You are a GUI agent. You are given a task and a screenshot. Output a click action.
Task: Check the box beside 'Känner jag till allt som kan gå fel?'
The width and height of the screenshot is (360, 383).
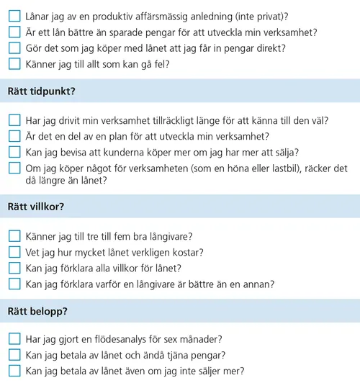[14, 64]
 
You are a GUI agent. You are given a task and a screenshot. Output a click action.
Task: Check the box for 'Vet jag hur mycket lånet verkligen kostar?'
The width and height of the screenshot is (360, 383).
[14, 252]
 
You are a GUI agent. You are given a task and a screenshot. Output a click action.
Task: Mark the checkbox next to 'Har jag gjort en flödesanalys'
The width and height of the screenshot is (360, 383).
[14, 338]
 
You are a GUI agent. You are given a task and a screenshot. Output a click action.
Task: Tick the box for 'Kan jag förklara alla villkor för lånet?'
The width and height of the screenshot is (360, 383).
[14, 268]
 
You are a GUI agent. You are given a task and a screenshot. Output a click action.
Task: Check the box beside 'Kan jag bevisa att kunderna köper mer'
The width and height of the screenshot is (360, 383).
[14, 151]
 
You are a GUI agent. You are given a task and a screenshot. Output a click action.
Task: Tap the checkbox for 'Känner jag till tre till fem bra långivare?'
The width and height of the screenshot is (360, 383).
[14, 236]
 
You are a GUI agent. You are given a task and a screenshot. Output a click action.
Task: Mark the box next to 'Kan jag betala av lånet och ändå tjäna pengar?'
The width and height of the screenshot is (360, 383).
[14, 354]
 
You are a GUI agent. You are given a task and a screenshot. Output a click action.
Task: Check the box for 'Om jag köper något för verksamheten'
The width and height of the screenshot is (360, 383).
[14, 168]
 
